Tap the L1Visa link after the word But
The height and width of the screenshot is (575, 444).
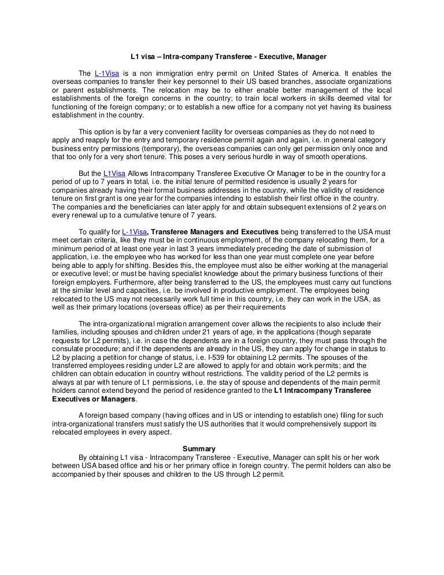tap(114, 174)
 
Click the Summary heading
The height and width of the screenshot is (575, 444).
tap(199, 448)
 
